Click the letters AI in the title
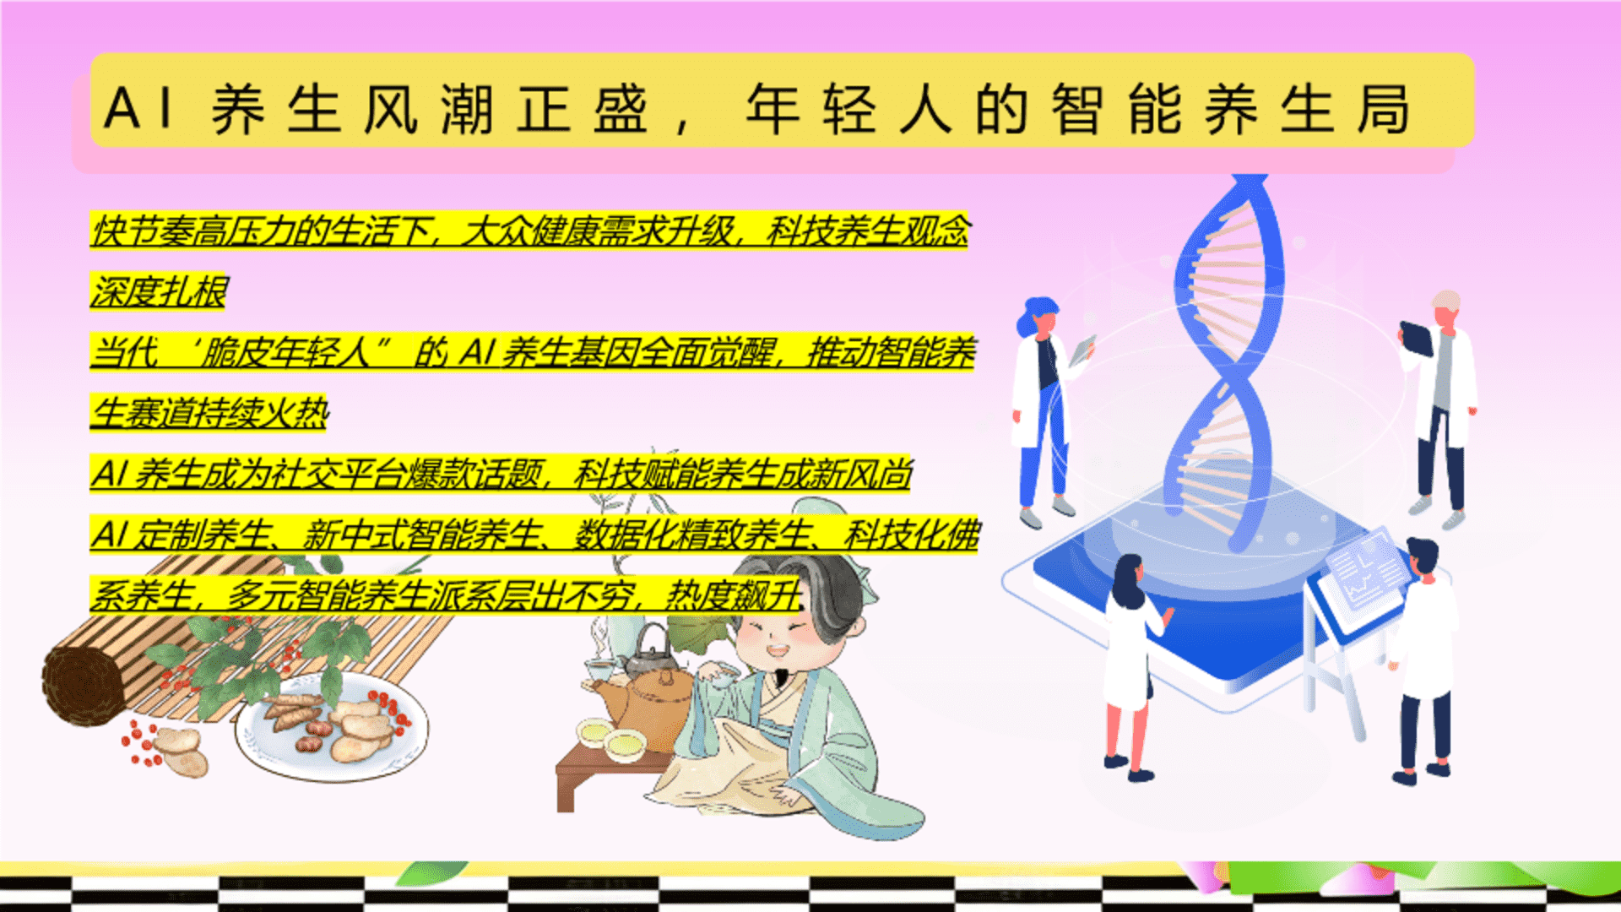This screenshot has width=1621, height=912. pyautogui.click(x=138, y=108)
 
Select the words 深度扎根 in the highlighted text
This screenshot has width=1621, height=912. pyautogui.click(x=159, y=291)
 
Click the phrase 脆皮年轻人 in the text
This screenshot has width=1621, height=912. pyautogui.click(x=283, y=352)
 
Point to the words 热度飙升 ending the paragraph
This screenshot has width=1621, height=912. pyautogui.click(x=733, y=595)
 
